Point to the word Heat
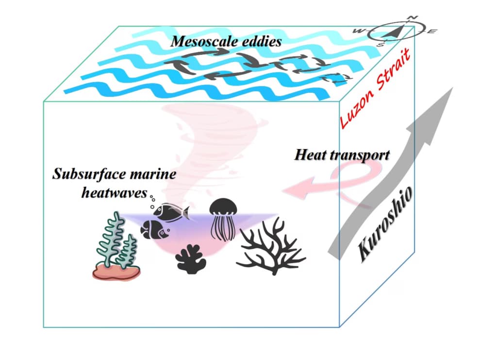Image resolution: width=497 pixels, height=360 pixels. tap(311, 155)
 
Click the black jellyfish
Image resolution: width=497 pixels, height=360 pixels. tap(223, 219)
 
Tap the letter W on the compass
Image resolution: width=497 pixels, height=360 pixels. tap(360, 31)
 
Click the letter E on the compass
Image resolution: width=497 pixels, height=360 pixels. tap(432, 32)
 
